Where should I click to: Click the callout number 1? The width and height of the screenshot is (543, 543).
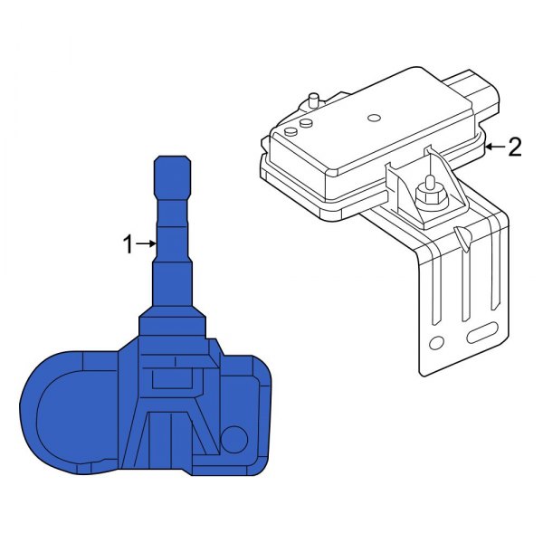128,243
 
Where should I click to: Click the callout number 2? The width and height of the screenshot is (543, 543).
514,148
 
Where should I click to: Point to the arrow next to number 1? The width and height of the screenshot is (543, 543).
145,243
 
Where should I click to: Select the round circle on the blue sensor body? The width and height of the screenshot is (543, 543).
234,438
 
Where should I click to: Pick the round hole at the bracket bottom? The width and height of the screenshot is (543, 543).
436,343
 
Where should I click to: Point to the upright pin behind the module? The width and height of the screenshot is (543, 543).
314,99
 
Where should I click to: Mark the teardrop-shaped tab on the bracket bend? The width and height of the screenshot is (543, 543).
462,239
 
